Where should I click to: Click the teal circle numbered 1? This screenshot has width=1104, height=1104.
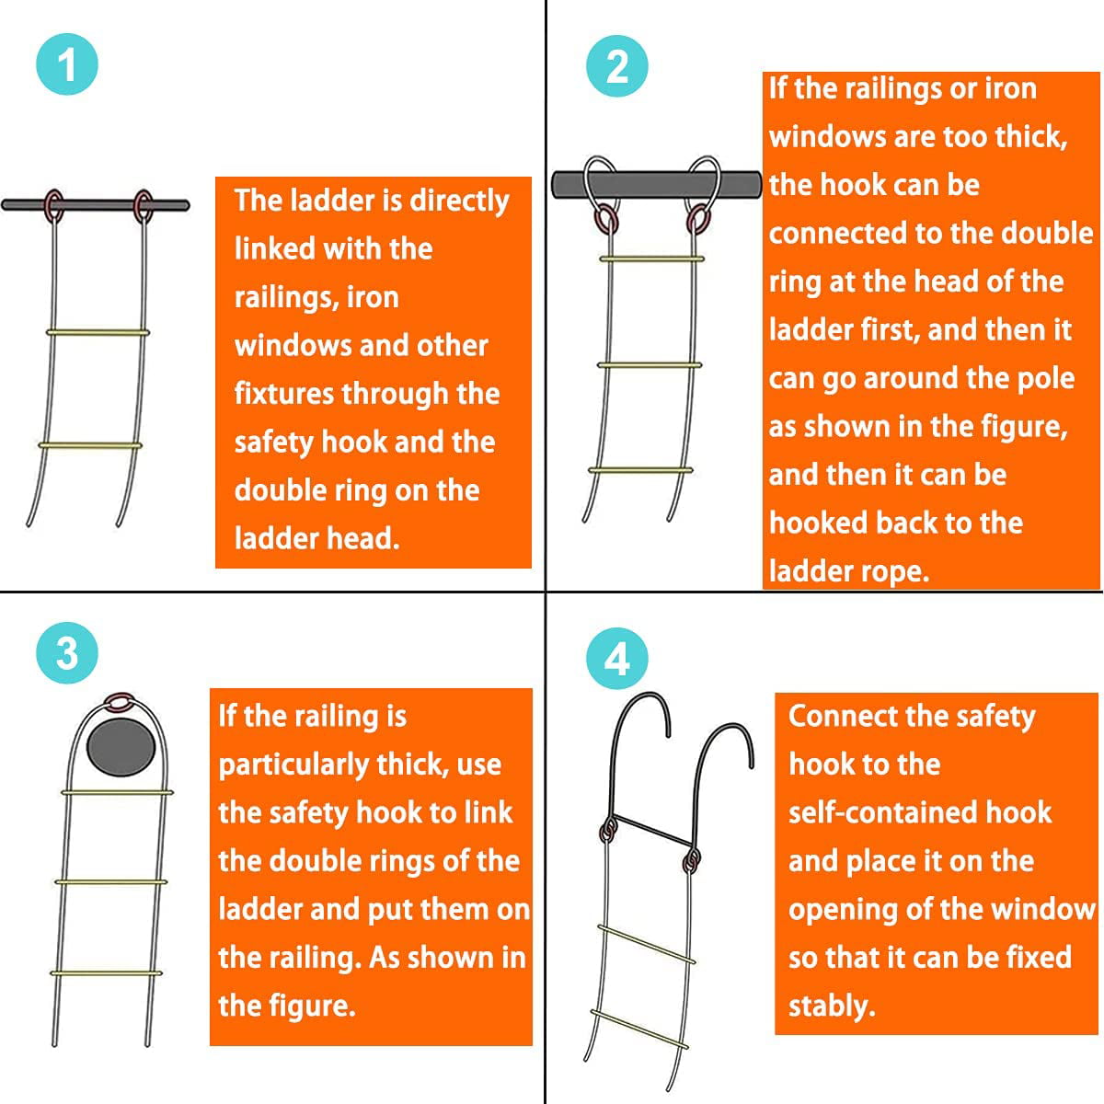pos(67,64)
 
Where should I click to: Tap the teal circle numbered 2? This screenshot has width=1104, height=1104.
pos(617,67)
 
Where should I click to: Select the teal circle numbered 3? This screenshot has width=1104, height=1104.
pos(67,653)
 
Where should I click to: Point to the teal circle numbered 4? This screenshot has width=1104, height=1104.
pos(617,660)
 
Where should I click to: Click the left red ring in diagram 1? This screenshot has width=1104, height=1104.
pos(54,205)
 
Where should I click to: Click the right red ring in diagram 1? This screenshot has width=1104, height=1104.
pos(144,205)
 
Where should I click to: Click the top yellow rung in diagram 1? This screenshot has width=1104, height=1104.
pos(97,333)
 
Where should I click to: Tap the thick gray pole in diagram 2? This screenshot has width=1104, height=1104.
pos(656,184)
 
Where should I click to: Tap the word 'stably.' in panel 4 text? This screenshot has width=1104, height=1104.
pos(832,1006)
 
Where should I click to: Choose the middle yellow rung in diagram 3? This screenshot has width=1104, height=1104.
pos(111,882)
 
